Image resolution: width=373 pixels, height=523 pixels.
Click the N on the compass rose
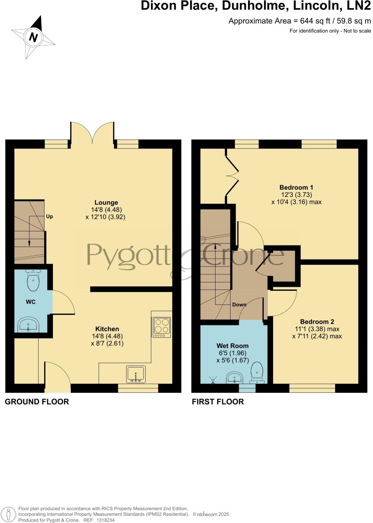[33, 38]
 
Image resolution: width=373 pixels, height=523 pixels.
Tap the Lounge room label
[106, 203]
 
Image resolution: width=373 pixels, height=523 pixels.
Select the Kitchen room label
[107, 329]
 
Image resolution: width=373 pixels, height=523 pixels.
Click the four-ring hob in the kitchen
[162, 327]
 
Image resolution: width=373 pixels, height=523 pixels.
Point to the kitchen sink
[136, 374]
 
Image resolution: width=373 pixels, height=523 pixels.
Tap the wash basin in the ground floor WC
[28, 325]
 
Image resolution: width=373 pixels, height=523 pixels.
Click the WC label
[31, 302]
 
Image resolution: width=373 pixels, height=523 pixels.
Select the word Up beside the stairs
[49, 216]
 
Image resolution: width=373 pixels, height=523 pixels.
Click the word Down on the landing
[239, 305]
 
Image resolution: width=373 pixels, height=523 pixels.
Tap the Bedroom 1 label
[296, 188]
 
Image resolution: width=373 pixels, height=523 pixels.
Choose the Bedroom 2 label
[317, 322]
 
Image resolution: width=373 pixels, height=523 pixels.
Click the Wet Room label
[232, 346]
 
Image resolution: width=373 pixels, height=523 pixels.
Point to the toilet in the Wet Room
[257, 373]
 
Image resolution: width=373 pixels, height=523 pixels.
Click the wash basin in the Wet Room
[235, 378]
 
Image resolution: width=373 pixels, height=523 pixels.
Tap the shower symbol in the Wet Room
[213, 380]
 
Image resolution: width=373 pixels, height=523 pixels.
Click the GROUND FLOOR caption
[37, 402]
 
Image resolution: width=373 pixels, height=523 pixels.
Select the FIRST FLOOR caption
[217, 402]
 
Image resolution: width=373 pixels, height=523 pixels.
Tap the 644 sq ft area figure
[314, 21]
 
